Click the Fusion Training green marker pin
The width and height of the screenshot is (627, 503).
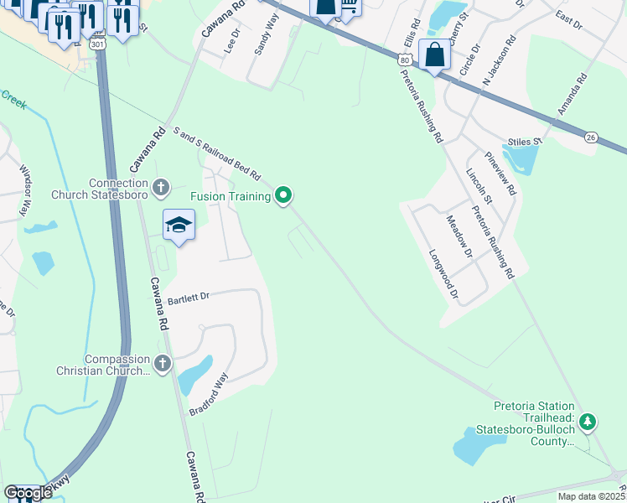pyautogui.click(x=284, y=196)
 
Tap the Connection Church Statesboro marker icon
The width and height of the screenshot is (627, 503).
pyautogui.click(x=162, y=187)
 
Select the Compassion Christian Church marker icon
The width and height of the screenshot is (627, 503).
pyautogui.click(x=162, y=363)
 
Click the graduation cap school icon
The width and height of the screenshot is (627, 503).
pyautogui.click(x=179, y=225)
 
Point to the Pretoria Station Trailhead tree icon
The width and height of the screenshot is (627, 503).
pyautogui.click(x=588, y=421)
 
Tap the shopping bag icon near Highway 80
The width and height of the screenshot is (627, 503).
pyautogui.click(x=434, y=55)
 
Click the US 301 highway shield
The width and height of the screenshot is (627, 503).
pyautogui.click(x=99, y=43)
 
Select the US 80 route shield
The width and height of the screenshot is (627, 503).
pyautogui.click(x=405, y=61)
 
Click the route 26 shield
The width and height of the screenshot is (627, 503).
pyautogui.click(x=591, y=137)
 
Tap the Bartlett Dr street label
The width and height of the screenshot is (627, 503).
pyautogui.click(x=188, y=297)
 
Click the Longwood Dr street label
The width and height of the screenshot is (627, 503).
pyautogui.click(x=444, y=274)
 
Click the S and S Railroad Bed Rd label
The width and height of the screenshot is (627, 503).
pyautogui.click(x=216, y=154)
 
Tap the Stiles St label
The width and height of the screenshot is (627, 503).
pyautogui.click(x=526, y=142)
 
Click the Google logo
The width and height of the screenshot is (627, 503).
pyautogui.click(x=27, y=493)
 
